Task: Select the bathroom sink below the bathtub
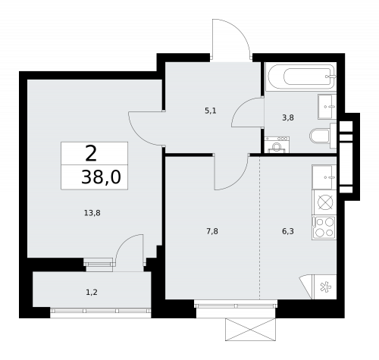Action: pos(326,106)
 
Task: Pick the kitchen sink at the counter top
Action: pos(324,176)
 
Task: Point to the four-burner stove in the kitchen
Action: pos(324,228)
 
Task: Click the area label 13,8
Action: pos(92,213)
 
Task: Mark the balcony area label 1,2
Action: pos(91,290)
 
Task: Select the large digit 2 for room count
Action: pos(91,154)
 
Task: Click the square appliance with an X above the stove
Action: pos(324,202)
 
